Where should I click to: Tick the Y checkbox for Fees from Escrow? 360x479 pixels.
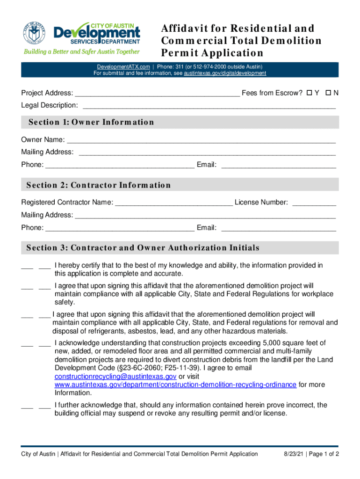coord(309,93)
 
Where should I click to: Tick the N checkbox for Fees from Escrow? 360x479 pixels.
coord(328,93)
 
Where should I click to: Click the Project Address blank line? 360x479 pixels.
coord(157,94)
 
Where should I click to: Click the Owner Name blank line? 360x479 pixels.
coord(201,140)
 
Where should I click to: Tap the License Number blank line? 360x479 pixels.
coord(314,203)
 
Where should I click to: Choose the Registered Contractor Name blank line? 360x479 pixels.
coord(173,203)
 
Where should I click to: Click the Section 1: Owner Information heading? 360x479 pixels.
coord(91,122)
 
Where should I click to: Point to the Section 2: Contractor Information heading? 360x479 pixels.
coord(99,185)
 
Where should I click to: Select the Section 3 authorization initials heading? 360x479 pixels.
coord(143,248)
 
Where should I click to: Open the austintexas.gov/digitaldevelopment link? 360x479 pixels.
coord(225,73)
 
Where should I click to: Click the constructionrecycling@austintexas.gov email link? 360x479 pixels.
coord(115,376)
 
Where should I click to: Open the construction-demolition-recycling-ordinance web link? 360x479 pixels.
coord(175,385)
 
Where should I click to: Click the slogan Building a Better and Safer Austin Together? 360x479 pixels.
coord(82,52)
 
